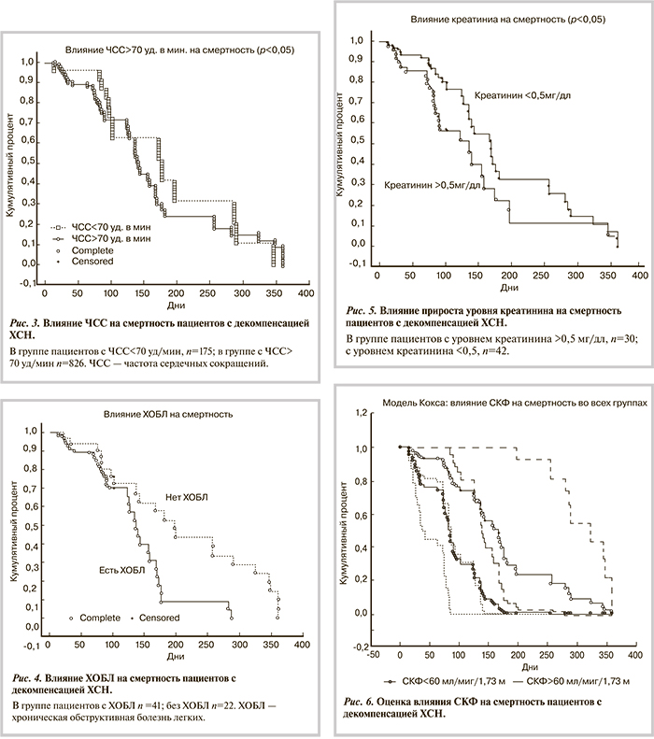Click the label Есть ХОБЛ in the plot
[120, 569]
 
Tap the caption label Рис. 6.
[362, 703]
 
